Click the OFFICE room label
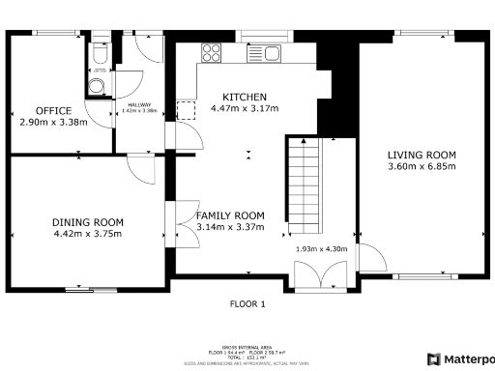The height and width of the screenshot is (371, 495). [47, 110]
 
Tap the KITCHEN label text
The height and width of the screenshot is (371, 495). [244, 97]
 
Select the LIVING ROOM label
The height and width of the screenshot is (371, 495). [422, 155]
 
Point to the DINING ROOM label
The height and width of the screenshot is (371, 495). [88, 222]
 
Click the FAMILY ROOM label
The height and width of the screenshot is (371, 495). [230, 215]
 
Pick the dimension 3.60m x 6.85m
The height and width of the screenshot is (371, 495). [422, 166]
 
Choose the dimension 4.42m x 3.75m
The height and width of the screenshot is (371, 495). [88, 234]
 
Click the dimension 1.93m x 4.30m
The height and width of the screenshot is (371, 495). [320, 249]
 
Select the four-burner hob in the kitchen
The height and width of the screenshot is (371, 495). [211, 53]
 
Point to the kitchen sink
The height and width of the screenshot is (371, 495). [270, 53]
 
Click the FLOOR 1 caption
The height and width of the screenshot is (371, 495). [247, 303]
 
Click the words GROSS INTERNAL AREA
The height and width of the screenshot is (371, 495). [247, 344]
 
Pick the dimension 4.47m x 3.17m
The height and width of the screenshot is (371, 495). [244, 108]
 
